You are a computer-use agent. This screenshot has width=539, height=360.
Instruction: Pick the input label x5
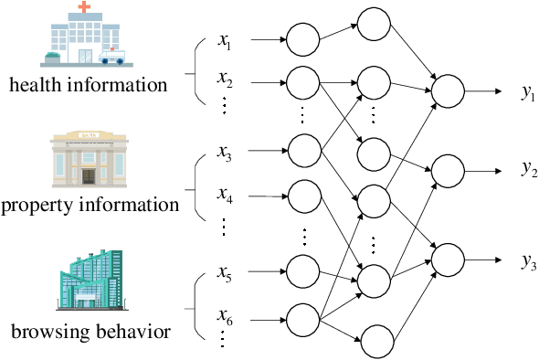click(x=226, y=271)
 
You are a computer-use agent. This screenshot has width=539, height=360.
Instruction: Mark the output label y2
click(x=528, y=169)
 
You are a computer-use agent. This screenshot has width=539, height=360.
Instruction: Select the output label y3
click(x=528, y=260)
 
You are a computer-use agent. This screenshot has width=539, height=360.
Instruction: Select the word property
click(x=38, y=204)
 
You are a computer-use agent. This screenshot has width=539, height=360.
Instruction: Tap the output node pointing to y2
click(x=448, y=170)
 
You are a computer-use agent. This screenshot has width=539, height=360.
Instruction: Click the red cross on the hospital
click(x=85, y=7)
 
